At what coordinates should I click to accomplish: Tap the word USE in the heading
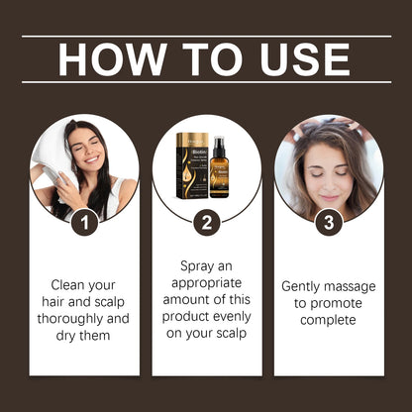[x=302, y=59]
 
